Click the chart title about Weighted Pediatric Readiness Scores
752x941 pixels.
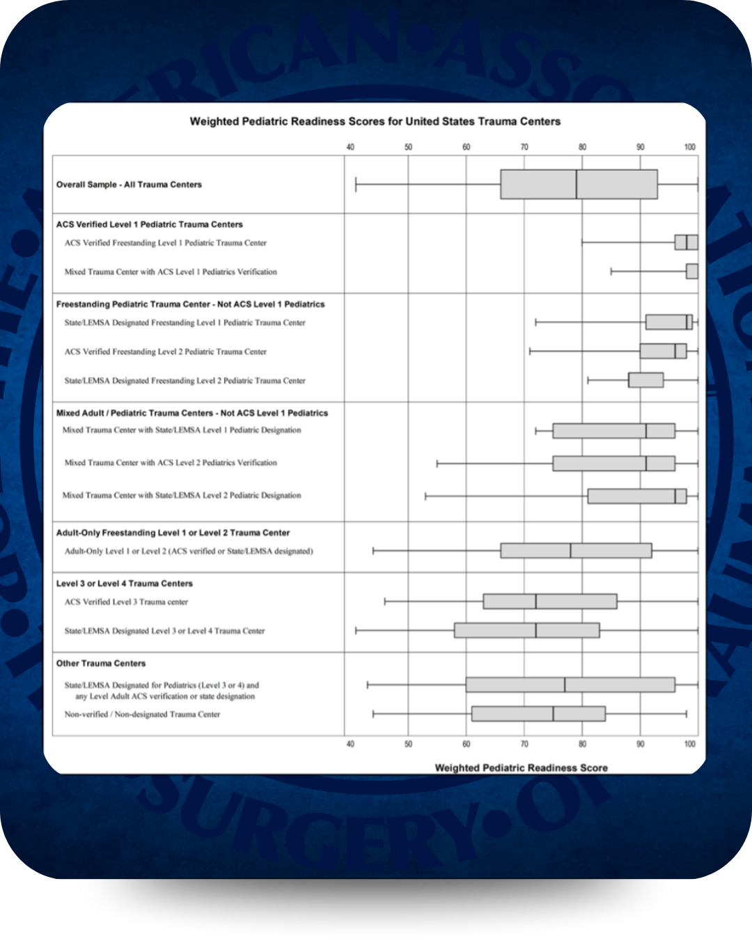(x=375, y=121)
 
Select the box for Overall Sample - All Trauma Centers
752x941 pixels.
(x=579, y=184)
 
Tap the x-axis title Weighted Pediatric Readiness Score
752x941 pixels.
(x=521, y=767)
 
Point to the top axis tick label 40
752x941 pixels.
(x=350, y=147)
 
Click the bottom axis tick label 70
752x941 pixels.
(x=524, y=744)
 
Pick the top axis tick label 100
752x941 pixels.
(x=689, y=147)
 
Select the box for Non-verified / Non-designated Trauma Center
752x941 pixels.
(x=538, y=714)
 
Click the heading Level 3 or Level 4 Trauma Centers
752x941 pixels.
(x=125, y=583)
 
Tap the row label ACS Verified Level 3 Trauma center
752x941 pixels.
(x=126, y=602)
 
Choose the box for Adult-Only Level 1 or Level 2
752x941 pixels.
(x=576, y=551)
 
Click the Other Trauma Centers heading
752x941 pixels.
(x=101, y=663)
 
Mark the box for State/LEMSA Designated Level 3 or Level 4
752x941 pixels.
(x=526, y=630)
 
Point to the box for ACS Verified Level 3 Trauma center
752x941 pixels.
(x=550, y=601)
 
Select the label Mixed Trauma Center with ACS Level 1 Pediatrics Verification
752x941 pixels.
(x=171, y=272)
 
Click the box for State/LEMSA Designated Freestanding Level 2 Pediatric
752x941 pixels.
(x=645, y=380)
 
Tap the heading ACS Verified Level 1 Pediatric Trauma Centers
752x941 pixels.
(x=150, y=224)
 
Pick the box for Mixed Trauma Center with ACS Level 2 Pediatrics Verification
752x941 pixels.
(x=613, y=463)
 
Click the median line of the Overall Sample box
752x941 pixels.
(x=577, y=184)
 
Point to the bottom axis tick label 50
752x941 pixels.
(x=408, y=744)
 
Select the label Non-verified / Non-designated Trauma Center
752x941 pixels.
(x=142, y=714)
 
